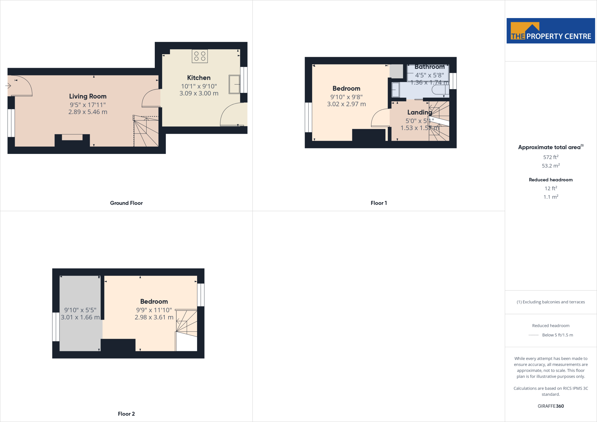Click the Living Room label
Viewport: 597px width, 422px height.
pos(88,96)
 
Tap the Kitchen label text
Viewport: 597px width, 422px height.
pos(199,78)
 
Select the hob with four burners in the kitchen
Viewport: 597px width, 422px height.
pos(200,56)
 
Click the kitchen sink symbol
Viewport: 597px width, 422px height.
pos(234,85)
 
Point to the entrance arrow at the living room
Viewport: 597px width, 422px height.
pos(8,86)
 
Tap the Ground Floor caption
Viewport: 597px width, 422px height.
pos(126,203)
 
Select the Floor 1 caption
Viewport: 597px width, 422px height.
pos(379,203)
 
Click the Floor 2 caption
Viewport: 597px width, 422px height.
pos(126,414)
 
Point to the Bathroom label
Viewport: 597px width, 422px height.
pos(429,67)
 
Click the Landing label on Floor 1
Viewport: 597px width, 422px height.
pos(419,112)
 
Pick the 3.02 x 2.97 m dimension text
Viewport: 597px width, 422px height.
pos(346,104)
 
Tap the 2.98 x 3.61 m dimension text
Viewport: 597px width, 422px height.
pos(154,317)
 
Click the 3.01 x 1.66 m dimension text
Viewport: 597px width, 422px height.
pos(80,317)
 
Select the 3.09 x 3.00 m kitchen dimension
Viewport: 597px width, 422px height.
pos(199,93)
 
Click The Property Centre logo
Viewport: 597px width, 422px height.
pos(551,31)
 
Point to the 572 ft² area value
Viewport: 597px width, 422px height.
pos(551,157)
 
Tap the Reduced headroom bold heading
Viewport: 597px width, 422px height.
pos(551,180)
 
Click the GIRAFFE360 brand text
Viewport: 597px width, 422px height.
pos(551,406)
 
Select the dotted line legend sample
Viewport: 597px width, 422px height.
pos(533,335)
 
